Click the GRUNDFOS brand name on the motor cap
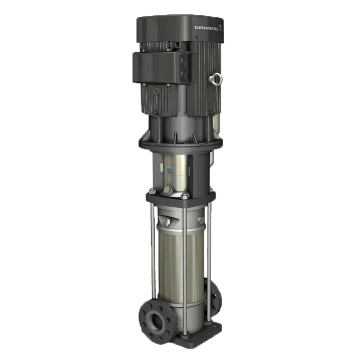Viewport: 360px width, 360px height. tap(206, 27)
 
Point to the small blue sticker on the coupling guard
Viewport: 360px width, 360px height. tap(170, 170)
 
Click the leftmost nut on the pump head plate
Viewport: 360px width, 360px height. tap(152, 192)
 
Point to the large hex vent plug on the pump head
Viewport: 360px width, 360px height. tap(168, 190)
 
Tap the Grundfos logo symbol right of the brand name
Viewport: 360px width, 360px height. tap(220, 27)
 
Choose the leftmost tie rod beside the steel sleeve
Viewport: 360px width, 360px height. tap(153, 252)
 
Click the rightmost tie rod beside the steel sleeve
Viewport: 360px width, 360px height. tap(208, 252)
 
